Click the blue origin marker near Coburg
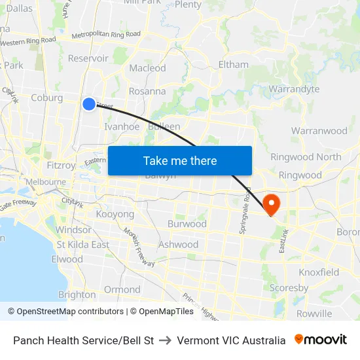coord(89,103)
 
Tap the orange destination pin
coord(270,204)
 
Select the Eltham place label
coord(233,64)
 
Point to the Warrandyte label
coord(294,88)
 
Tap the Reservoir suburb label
coord(88,58)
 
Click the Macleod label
coord(147,68)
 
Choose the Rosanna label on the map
coord(147,91)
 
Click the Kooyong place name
coord(115,214)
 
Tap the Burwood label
coord(187,224)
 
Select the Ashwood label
coord(178,244)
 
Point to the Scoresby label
coord(289,287)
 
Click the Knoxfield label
coord(319,272)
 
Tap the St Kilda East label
coord(82,244)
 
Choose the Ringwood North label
coord(306,156)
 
